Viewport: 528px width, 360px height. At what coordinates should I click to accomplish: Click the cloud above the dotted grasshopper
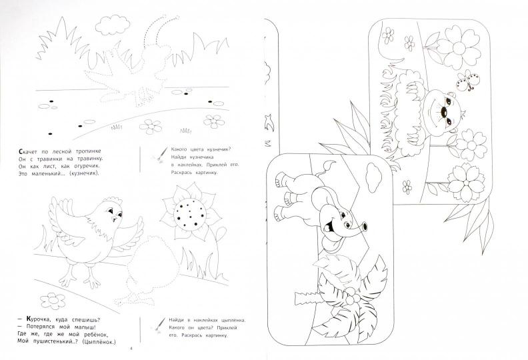pyautogui.click(x=113, y=25)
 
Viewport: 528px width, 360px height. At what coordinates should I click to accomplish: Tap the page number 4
pyautogui.click(x=131, y=349)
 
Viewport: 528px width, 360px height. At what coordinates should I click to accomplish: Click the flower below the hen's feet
pyautogui.click(x=53, y=301)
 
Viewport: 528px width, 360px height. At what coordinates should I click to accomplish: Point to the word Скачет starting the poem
pyautogui.click(x=28, y=151)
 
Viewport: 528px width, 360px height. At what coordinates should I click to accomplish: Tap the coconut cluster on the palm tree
pyautogui.click(x=352, y=298)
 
